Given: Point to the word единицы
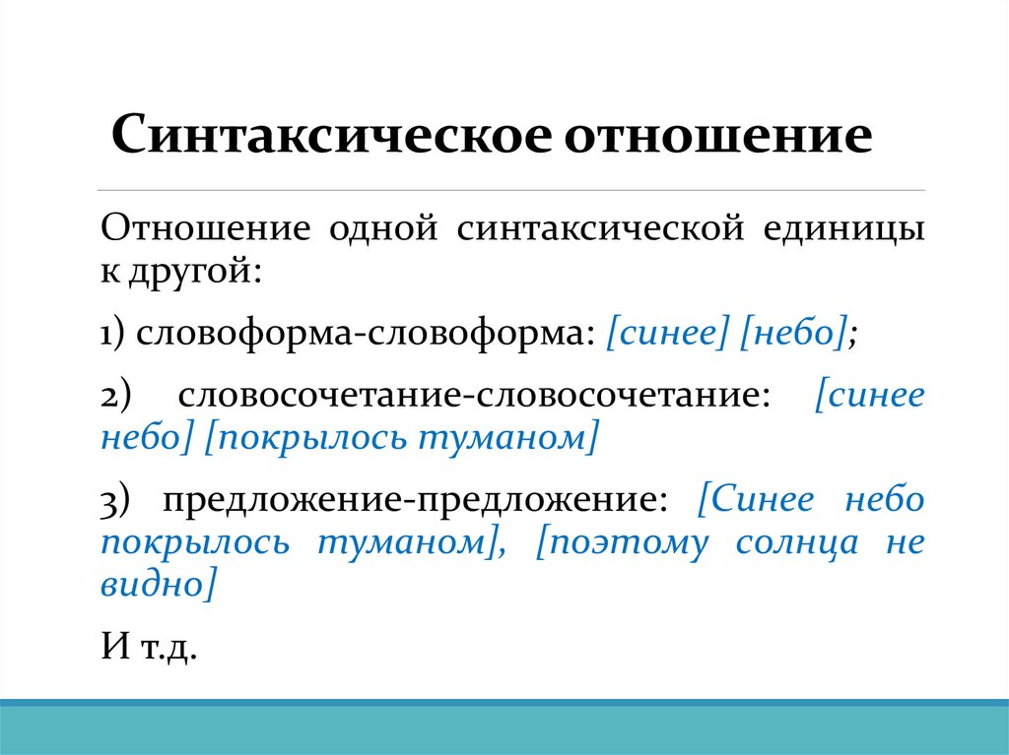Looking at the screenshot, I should (x=844, y=231).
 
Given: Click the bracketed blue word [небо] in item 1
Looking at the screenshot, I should (x=795, y=336).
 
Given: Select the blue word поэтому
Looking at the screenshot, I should (x=622, y=543).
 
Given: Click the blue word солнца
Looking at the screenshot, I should (x=795, y=543).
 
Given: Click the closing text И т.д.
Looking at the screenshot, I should (x=149, y=648).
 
